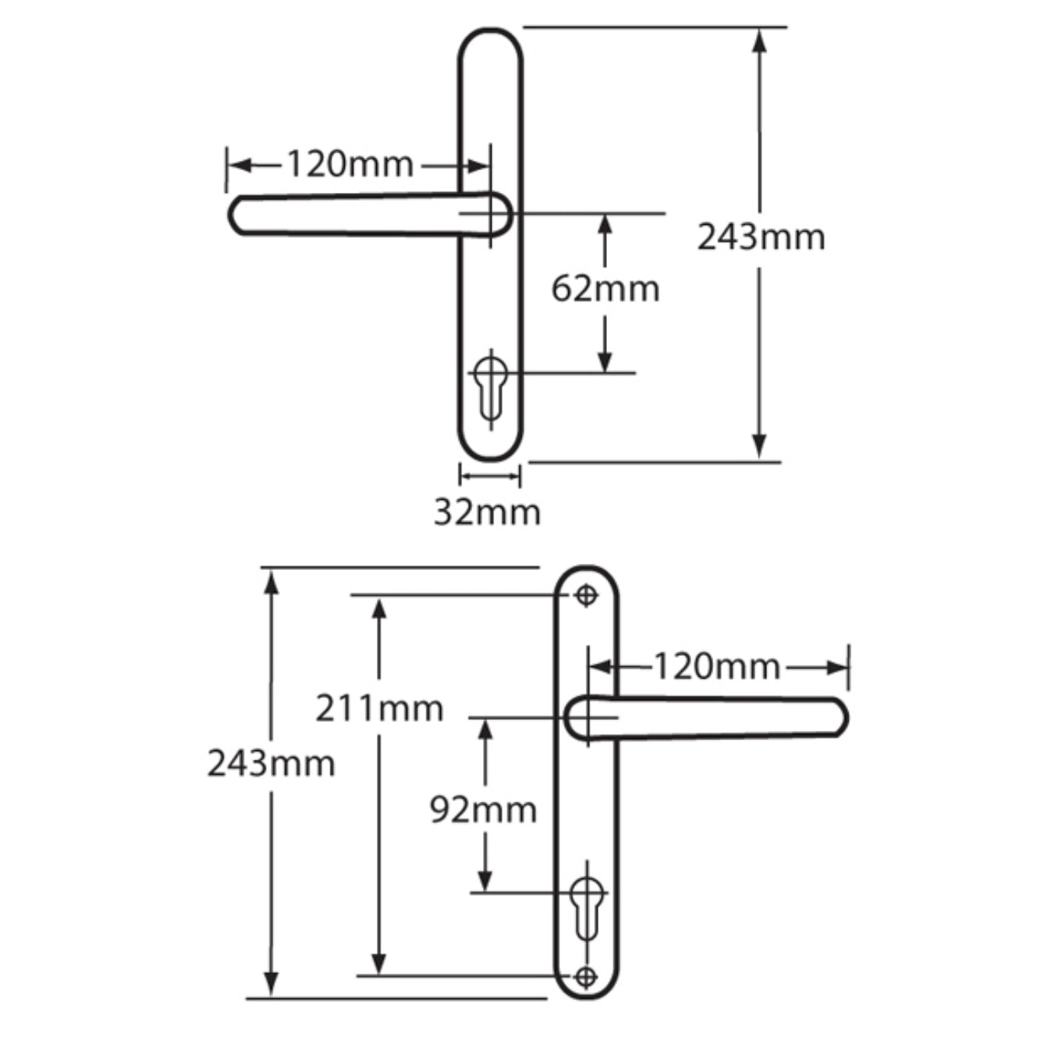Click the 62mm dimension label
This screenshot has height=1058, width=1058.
(x=605, y=290)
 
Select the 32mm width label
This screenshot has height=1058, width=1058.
(x=487, y=513)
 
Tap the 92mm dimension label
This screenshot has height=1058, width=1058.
(x=484, y=810)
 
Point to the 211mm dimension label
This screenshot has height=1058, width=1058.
(x=379, y=709)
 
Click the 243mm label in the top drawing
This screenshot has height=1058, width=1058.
(x=761, y=237)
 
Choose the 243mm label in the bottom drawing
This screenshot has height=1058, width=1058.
(x=271, y=764)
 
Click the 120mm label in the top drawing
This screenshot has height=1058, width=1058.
(x=350, y=165)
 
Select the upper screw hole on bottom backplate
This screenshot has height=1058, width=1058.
(x=586, y=596)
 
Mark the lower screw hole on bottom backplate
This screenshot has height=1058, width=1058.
(x=586, y=976)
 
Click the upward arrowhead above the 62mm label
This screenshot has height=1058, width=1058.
(x=605, y=225)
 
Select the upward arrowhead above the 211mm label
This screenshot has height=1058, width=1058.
(x=379, y=609)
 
